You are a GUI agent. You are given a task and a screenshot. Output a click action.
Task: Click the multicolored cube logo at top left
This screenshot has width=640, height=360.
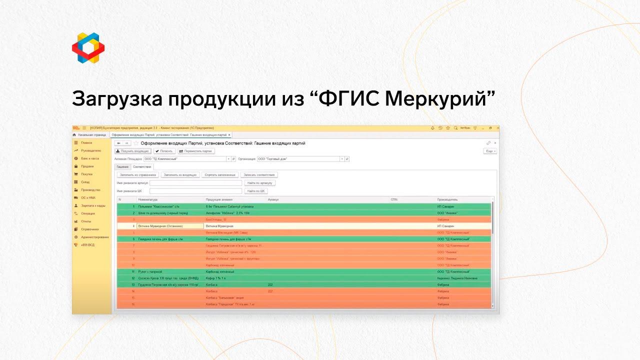tap(88, 48)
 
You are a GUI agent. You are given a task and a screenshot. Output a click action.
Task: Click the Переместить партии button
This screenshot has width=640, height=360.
tap(196, 151)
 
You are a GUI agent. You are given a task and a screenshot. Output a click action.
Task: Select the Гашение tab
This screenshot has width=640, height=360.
tap(122, 166)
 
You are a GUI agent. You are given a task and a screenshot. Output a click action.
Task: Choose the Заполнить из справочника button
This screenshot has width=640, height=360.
tap(138, 175)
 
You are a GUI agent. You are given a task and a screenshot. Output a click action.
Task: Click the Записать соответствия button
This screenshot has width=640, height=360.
tap(259, 175)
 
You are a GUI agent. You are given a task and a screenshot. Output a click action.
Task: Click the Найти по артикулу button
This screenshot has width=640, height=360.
tap(259, 183)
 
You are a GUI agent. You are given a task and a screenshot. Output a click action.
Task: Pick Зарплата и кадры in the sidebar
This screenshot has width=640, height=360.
tap(92, 205)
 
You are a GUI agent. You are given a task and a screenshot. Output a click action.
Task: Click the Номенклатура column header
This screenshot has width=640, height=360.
tap(148, 199)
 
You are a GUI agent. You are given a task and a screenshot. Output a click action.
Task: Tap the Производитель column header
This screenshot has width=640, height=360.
tap(447, 199)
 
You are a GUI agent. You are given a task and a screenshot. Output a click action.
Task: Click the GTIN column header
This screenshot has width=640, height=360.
tap(394, 199)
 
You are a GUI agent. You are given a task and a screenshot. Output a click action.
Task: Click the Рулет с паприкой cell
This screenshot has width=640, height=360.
tap(150, 271)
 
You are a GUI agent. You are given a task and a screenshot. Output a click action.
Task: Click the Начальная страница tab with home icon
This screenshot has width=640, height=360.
tap(90, 135)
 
